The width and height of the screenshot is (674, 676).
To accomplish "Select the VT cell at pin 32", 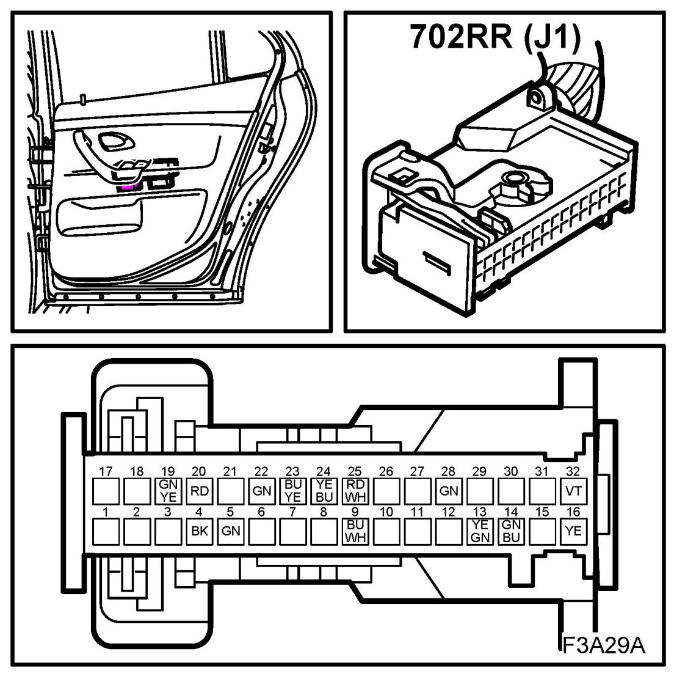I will [573, 490].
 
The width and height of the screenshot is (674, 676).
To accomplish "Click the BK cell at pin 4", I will [200, 531].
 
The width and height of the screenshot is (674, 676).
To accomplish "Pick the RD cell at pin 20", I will [200, 490].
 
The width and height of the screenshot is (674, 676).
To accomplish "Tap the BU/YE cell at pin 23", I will [293, 490].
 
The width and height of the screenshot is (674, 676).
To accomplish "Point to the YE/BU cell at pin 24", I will [324, 490].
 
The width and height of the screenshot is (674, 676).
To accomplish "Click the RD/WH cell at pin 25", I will [355, 490].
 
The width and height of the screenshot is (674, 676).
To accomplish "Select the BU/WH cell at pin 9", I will [355, 531].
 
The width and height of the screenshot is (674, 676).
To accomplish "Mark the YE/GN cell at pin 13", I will [480, 531].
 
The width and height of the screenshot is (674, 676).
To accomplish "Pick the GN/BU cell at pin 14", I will [511, 531].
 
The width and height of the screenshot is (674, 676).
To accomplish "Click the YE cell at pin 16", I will [573, 531].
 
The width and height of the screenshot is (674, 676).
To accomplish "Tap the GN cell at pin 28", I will [449, 490].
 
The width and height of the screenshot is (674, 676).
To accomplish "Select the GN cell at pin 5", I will [231, 531].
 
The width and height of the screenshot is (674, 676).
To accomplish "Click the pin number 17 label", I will [106, 471].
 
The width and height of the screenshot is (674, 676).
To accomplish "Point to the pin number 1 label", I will [106, 512].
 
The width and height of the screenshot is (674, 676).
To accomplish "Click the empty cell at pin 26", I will [386, 490].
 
